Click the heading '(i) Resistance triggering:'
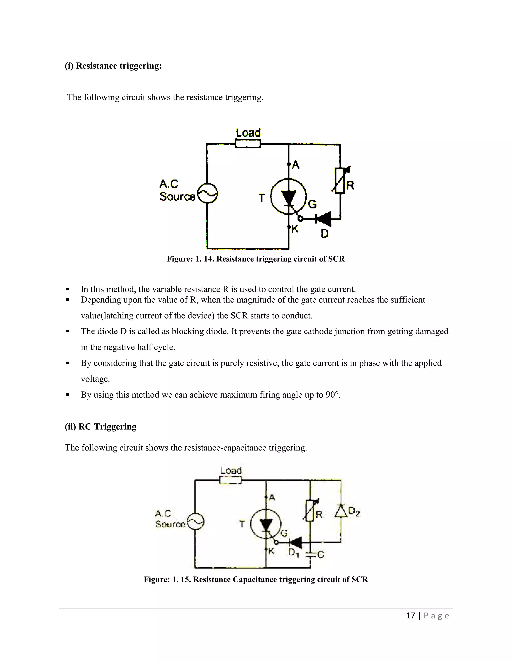pyautogui.click(x=113, y=66)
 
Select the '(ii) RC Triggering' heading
pyautogui.click(x=101, y=426)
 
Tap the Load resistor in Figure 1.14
pyautogui.click(x=248, y=143)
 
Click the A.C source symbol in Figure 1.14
pyautogui.click(x=207, y=193)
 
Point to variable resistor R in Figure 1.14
pyautogui.click(x=340, y=181)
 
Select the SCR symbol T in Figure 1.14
pyautogui.click(x=288, y=196)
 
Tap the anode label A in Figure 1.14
pyautogui.click(x=296, y=165)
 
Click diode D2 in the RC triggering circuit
pyautogui.click(x=341, y=511)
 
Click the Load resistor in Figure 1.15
pyautogui.click(x=230, y=480)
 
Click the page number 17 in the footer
pyautogui.click(x=410, y=615)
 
